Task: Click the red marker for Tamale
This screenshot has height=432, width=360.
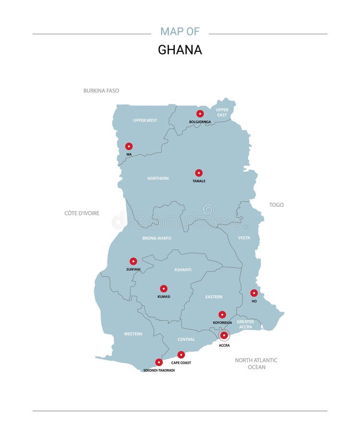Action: click(x=199, y=173)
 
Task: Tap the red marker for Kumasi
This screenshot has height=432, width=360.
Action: click(x=164, y=288)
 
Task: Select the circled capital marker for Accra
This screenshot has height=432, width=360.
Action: click(x=224, y=336)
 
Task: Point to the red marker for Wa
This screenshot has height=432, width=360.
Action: click(x=129, y=146)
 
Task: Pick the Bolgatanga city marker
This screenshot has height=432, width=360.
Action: click(x=200, y=114)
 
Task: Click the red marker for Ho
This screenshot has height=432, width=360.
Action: click(x=254, y=293)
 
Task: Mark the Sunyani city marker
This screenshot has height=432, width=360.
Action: click(x=133, y=261)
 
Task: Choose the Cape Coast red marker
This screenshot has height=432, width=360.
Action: click(x=181, y=355)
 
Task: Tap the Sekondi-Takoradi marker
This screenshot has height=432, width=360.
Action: click(x=159, y=362)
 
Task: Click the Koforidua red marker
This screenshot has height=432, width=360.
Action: click(x=222, y=314)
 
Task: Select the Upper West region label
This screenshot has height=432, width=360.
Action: click(x=145, y=120)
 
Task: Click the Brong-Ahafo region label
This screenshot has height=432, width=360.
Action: click(x=156, y=238)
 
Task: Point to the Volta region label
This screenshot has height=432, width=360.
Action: click(x=244, y=238)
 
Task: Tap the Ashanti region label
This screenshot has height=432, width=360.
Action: click(x=182, y=270)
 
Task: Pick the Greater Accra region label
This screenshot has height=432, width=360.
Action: click(x=245, y=324)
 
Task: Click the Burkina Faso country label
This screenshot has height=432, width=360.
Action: click(x=101, y=90)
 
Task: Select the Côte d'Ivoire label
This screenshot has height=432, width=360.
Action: click(x=82, y=213)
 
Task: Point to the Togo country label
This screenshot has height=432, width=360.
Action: click(x=276, y=205)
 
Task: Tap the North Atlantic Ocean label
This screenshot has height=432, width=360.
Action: click(x=256, y=363)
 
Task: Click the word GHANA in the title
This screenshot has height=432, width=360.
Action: click(x=180, y=50)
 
